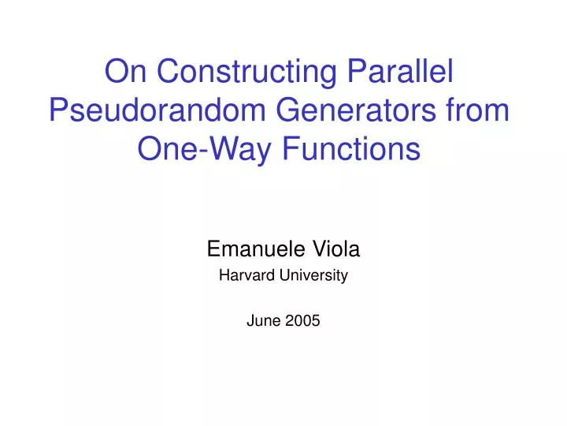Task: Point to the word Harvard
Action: (245, 276)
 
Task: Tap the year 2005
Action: (303, 320)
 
